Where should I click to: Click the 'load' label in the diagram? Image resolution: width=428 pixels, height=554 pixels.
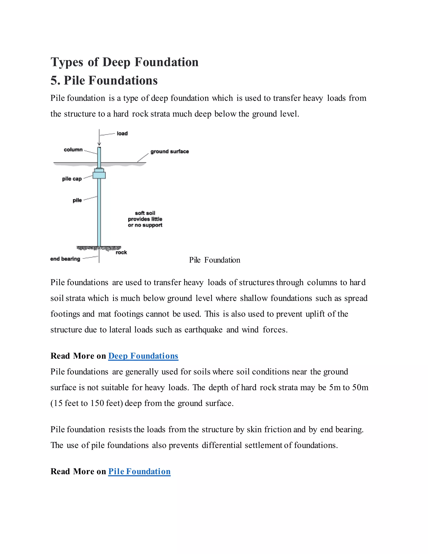(x=122, y=133)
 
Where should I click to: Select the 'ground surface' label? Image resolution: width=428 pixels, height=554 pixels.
(x=170, y=151)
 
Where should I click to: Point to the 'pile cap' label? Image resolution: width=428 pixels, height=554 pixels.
(x=72, y=179)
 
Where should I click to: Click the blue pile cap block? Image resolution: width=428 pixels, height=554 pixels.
(x=99, y=175)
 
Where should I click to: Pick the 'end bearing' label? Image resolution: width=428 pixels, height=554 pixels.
(x=65, y=259)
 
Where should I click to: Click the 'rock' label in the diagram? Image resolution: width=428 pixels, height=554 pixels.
(x=121, y=252)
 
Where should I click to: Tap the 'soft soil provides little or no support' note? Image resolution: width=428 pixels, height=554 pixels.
(x=145, y=219)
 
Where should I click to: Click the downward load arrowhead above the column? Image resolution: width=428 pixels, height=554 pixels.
(x=99, y=144)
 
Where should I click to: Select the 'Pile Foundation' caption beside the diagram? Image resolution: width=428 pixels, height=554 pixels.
(x=214, y=260)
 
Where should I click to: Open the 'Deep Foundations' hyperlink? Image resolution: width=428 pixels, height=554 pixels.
(x=143, y=356)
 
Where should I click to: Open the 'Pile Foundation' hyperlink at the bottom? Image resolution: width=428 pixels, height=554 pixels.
(x=139, y=471)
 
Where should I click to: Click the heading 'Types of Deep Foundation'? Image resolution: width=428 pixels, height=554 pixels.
(x=125, y=62)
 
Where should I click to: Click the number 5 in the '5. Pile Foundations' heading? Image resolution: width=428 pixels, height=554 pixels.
(x=54, y=80)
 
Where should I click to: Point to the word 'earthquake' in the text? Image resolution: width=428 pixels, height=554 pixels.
(x=203, y=330)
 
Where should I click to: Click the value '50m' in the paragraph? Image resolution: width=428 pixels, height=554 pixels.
(x=360, y=387)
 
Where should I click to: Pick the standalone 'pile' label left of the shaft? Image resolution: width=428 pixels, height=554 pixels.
(x=77, y=200)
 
